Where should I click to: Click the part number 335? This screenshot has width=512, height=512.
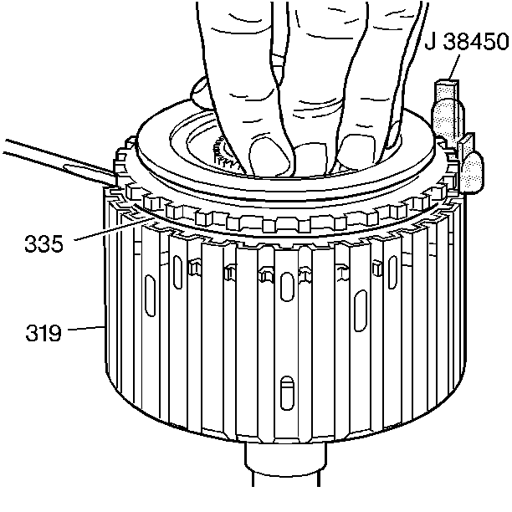pyautogui.click(x=44, y=244)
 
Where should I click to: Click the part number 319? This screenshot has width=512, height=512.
pyautogui.click(x=44, y=333)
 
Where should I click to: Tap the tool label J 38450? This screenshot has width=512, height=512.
pyautogui.click(x=467, y=42)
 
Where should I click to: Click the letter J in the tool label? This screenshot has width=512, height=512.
pyautogui.click(x=430, y=42)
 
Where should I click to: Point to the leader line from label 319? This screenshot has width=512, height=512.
pyautogui.click(x=86, y=328)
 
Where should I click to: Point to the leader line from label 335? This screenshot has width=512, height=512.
pyautogui.click(x=115, y=229)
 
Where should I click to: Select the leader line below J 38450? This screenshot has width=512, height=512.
pyautogui.click(x=454, y=68)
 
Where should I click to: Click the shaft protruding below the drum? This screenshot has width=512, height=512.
pyautogui.click(x=285, y=463)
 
